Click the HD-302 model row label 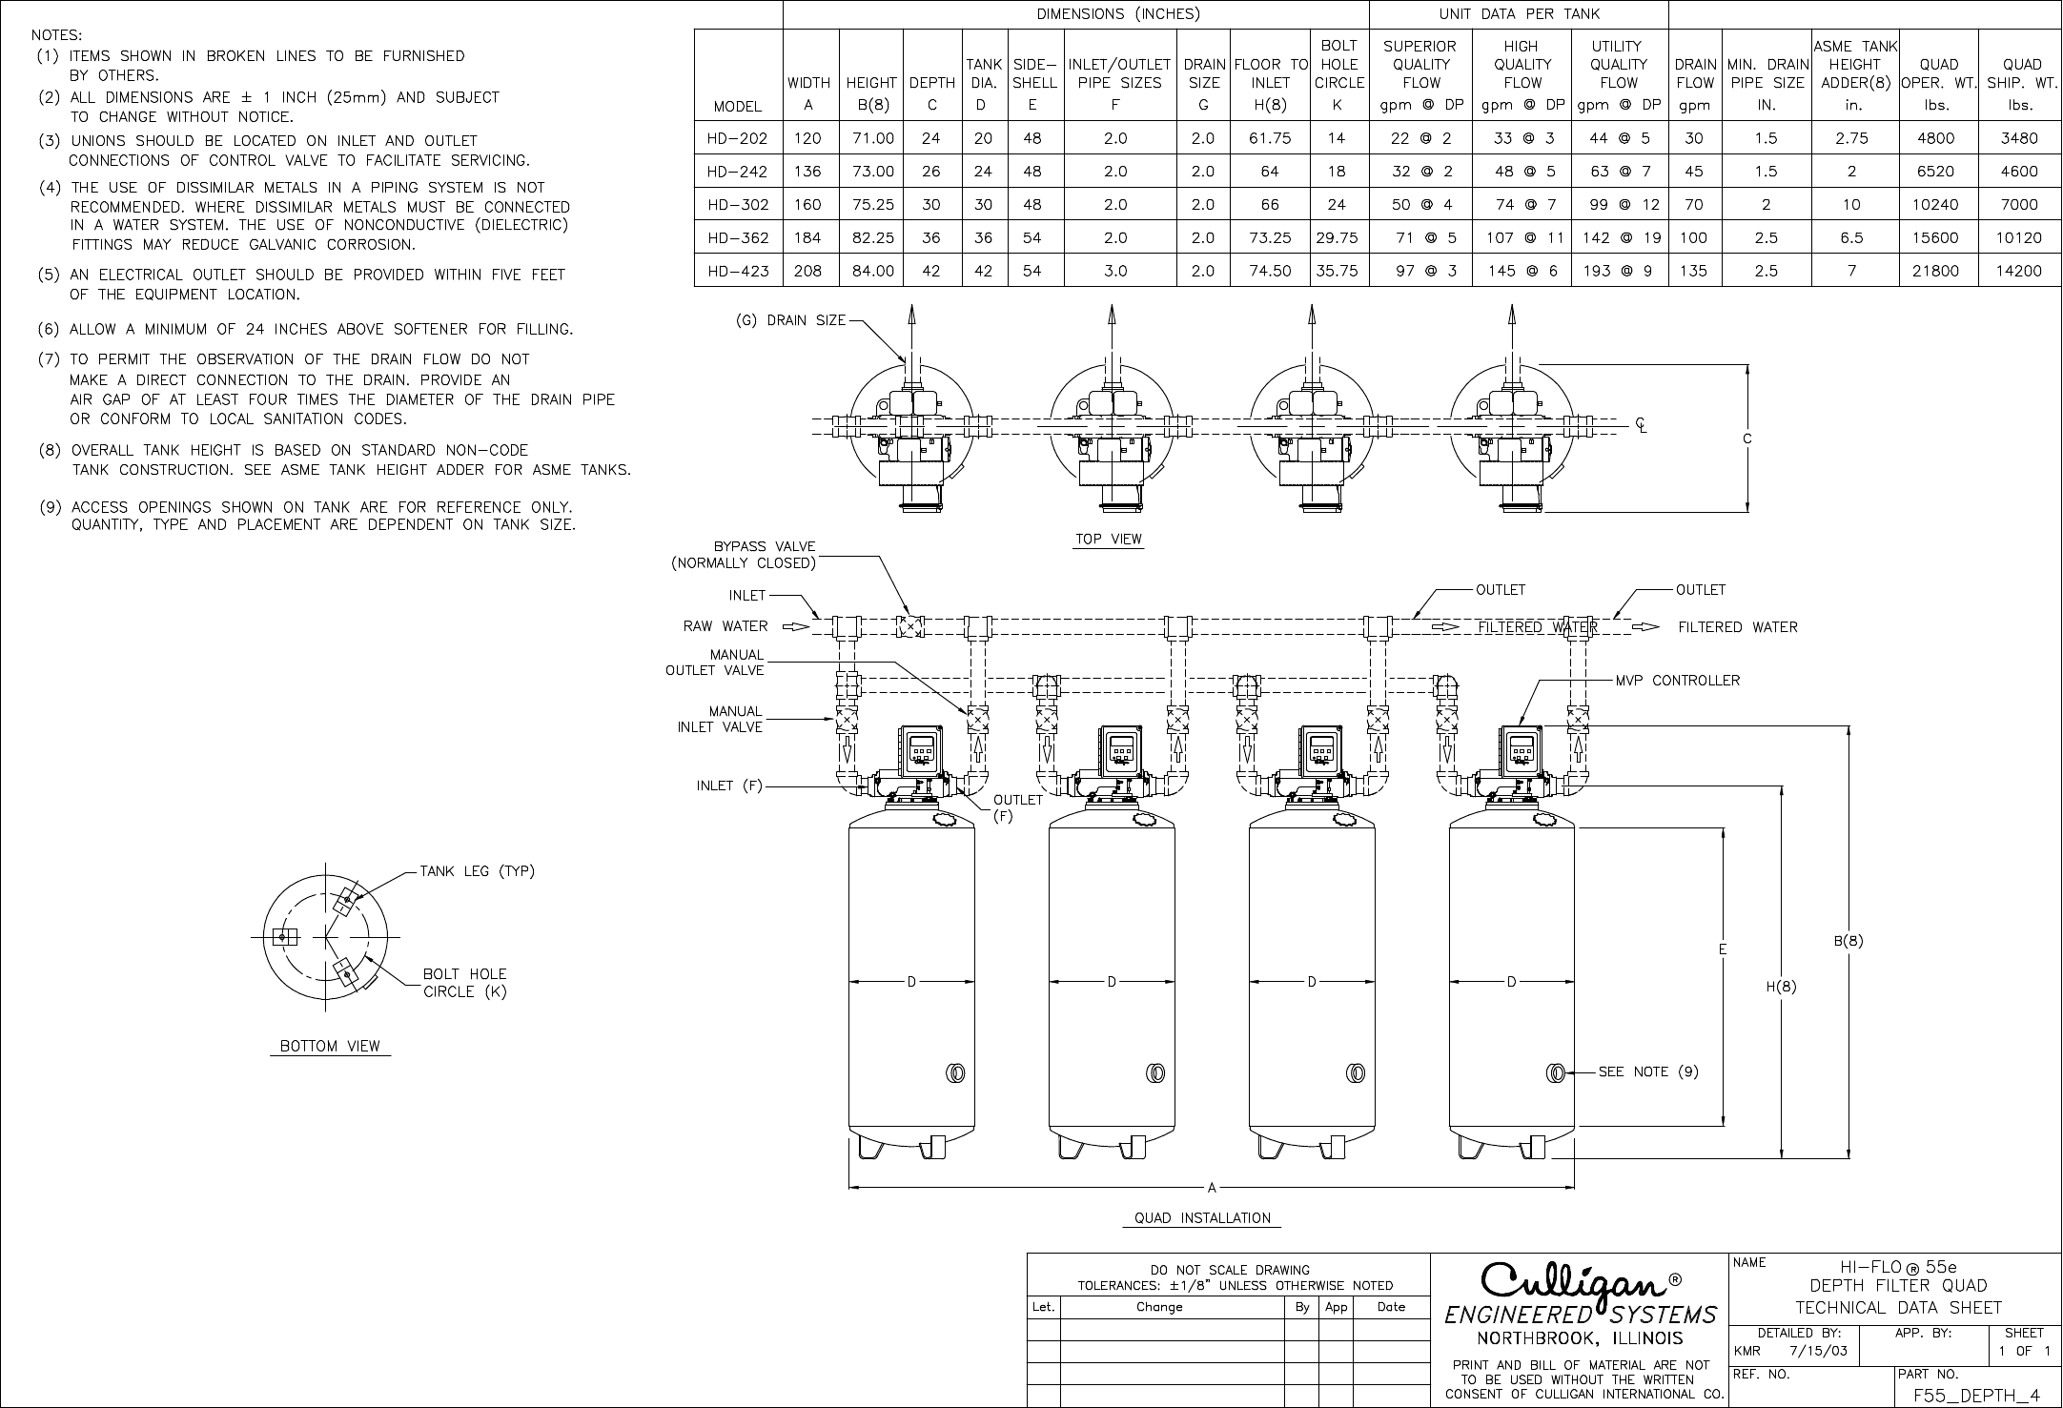point(737,205)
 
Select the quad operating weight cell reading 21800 point(1935,271)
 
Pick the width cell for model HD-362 point(807,237)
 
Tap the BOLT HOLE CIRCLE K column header point(1338,74)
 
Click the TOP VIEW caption point(1109,540)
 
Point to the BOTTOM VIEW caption point(330,1047)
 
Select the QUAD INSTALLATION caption point(1202,1218)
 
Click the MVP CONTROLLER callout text point(1677,681)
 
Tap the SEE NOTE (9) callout point(1648,1071)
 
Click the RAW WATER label point(725,626)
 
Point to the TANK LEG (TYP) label point(477,871)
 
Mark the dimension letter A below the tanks point(1212,1188)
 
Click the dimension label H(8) point(1780,987)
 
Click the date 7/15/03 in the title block point(1818,1351)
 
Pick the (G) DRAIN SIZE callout point(790,320)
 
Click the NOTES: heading point(56,34)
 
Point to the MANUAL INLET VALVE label point(720,720)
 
